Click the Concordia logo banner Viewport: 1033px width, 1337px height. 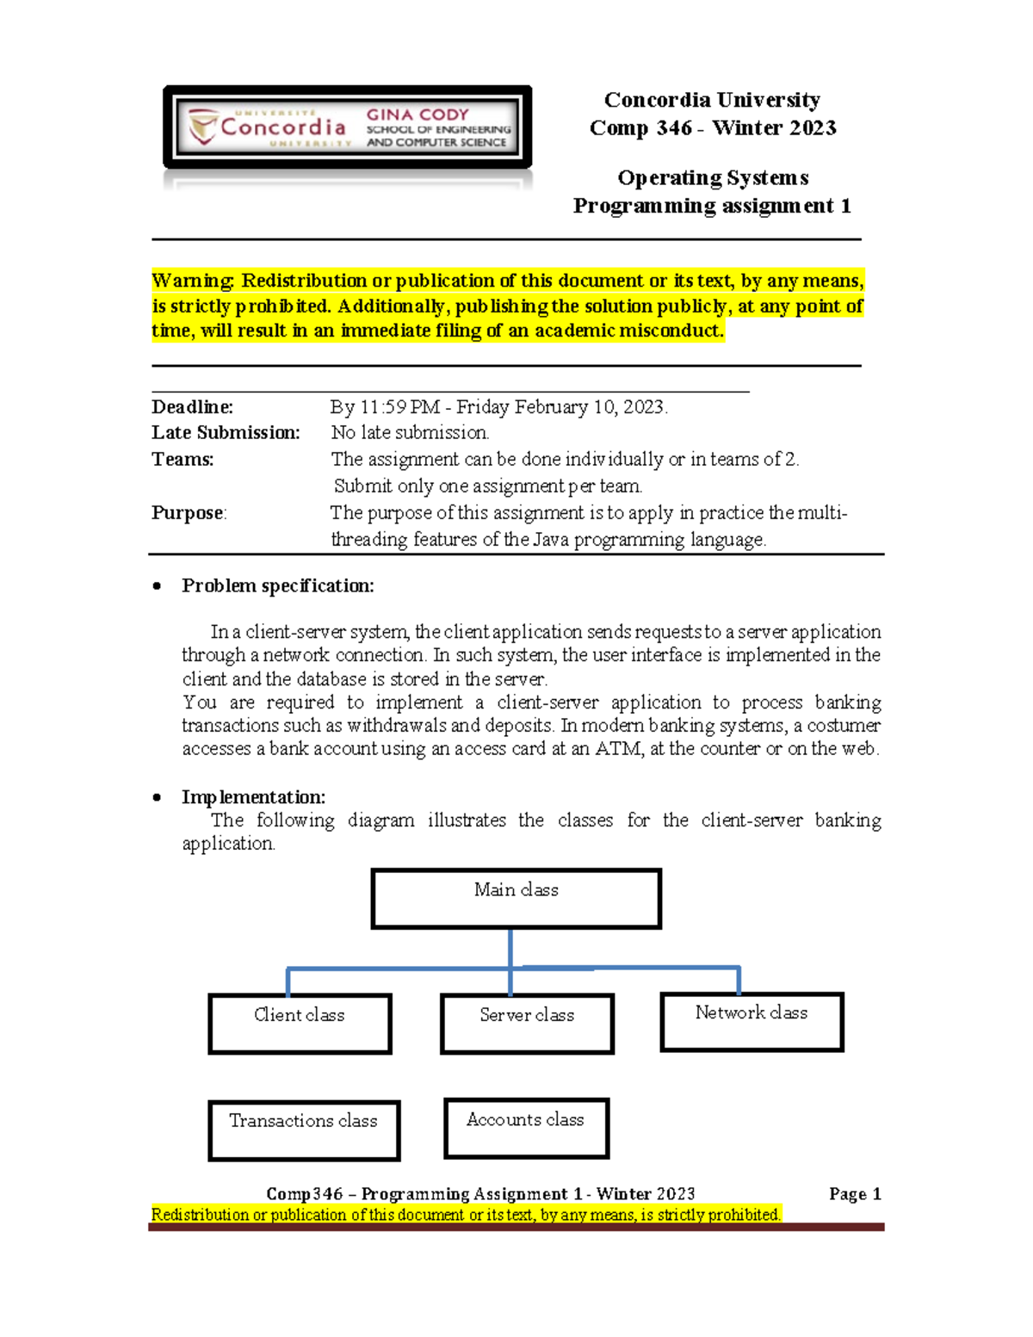(347, 127)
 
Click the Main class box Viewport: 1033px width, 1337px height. (516, 898)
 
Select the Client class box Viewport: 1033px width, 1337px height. (300, 1024)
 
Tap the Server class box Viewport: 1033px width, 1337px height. (527, 1024)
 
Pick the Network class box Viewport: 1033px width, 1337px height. (752, 1022)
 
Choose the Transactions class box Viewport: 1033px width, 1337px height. (304, 1130)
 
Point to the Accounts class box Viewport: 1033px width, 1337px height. (526, 1128)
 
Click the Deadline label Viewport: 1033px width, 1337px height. (192, 407)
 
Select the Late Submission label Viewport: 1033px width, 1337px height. (226, 433)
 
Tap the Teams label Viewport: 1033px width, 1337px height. (182, 460)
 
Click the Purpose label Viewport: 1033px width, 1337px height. (189, 513)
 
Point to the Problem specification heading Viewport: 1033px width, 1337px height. (277, 586)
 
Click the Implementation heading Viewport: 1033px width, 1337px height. (253, 797)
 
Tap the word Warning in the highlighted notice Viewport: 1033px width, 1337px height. (192, 282)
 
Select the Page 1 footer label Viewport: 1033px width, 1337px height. (855, 1194)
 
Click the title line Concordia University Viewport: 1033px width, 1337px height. (712, 100)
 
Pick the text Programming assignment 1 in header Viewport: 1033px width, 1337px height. (712, 206)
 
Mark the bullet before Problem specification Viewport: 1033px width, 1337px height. (157, 586)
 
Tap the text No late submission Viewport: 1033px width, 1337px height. (410, 433)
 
